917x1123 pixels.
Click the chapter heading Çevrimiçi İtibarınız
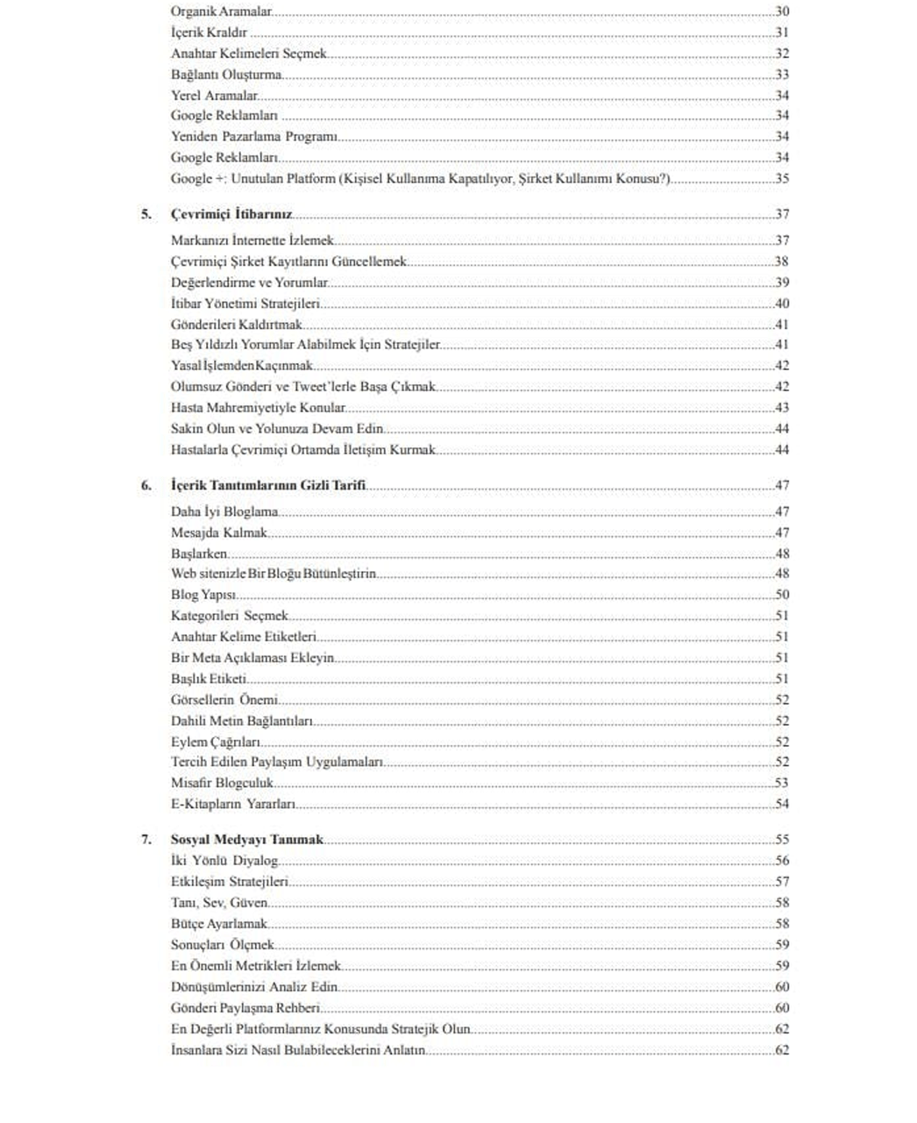coord(231,215)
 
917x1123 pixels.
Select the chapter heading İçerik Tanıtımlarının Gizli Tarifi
coord(268,486)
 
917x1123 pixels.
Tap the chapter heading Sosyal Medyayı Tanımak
coord(246,840)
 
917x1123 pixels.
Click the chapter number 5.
coord(146,215)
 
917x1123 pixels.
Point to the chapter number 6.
coord(146,486)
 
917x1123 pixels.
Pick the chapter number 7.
coord(146,840)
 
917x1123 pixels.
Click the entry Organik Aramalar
coord(221,12)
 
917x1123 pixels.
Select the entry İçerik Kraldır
coord(210,33)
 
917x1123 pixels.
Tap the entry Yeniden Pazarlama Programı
coord(254,137)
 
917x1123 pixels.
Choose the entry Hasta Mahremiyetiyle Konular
coord(258,408)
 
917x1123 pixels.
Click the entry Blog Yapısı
coord(203,595)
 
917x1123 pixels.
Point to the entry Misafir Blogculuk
coord(222,783)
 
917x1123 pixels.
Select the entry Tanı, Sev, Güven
coord(219,903)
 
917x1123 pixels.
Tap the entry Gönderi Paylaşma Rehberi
coord(245,1008)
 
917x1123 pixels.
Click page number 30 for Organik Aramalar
coord(782,12)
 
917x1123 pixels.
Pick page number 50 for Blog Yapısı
coord(782,595)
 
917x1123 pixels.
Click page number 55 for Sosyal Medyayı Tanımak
coord(782,840)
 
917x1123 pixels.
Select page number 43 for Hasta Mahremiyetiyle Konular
coord(782,408)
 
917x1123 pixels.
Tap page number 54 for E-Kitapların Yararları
coord(782,804)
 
